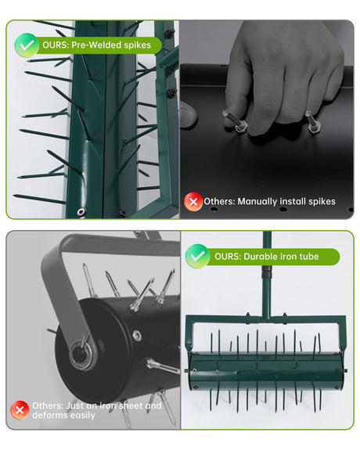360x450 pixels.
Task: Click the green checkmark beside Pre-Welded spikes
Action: tap(27, 45)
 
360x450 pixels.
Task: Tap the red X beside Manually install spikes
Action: tap(193, 202)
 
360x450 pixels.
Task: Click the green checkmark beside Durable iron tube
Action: tap(197, 256)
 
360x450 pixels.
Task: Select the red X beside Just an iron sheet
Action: tap(20, 410)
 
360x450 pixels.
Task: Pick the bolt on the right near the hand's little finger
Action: tap(311, 122)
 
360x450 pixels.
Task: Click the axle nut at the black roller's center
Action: tap(81, 355)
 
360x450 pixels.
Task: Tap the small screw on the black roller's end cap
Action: tap(137, 336)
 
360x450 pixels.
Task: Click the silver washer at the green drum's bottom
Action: tap(81, 212)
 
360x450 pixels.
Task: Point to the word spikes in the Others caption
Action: tap(322, 202)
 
